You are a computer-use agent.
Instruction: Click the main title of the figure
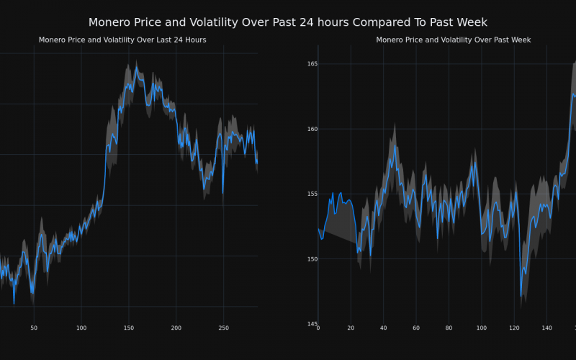pyautogui.click(x=288, y=23)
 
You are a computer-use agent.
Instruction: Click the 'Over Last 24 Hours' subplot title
pyautogui.click(x=122, y=40)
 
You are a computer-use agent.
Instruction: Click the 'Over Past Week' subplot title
pyautogui.click(x=454, y=40)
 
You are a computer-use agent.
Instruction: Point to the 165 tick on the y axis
pyautogui.click(x=312, y=64)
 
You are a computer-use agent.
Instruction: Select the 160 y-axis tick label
pyautogui.click(x=312, y=129)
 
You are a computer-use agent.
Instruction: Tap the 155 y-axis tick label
pyautogui.click(x=312, y=194)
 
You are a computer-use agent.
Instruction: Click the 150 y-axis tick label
pyautogui.click(x=312, y=258)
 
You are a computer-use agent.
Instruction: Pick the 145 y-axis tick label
pyautogui.click(x=312, y=323)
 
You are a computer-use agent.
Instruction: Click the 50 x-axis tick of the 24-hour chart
pyautogui.click(x=34, y=328)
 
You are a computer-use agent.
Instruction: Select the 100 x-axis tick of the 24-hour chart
pyautogui.click(x=81, y=328)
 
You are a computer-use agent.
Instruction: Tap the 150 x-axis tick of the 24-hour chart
pyautogui.click(x=128, y=328)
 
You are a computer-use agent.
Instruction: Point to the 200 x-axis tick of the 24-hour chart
pyautogui.click(x=176, y=328)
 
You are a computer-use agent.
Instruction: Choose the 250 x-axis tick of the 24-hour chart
pyautogui.click(x=223, y=328)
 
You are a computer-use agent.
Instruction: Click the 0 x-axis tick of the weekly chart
pyautogui.click(x=318, y=328)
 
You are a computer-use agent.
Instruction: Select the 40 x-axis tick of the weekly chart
pyautogui.click(x=383, y=328)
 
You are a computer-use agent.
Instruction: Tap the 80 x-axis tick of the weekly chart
pyautogui.click(x=449, y=328)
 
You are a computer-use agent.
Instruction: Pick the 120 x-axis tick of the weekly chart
pyautogui.click(x=513, y=328)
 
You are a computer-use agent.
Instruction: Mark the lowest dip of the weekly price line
pyautogui.click(x=521, y=294)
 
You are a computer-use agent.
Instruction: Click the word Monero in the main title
pyautogui.click(x=112, y=23)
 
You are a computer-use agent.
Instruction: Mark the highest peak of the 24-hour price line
pyautogui.click(x=135, y=70)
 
